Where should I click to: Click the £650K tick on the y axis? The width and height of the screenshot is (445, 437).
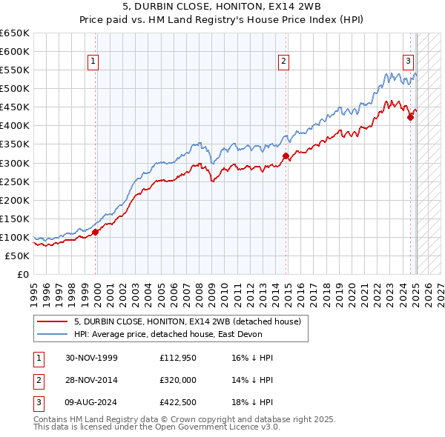[x=15, y=33]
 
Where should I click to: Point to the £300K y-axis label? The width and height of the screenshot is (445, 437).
[x=15, y=163]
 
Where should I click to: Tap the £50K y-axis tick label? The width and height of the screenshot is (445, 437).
[x=18, y=256]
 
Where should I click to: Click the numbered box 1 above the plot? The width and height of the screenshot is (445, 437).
[x=93, y=61]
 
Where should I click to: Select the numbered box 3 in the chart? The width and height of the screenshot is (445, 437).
[x=408, y=61]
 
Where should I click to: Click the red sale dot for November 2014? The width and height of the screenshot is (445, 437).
[x=286, y=156]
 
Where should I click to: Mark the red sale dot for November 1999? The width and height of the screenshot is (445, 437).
[x=96, y=232]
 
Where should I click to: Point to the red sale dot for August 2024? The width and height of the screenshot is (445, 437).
[x=410, y=117]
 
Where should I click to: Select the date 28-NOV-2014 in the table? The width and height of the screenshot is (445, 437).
[x=92, y=380]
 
